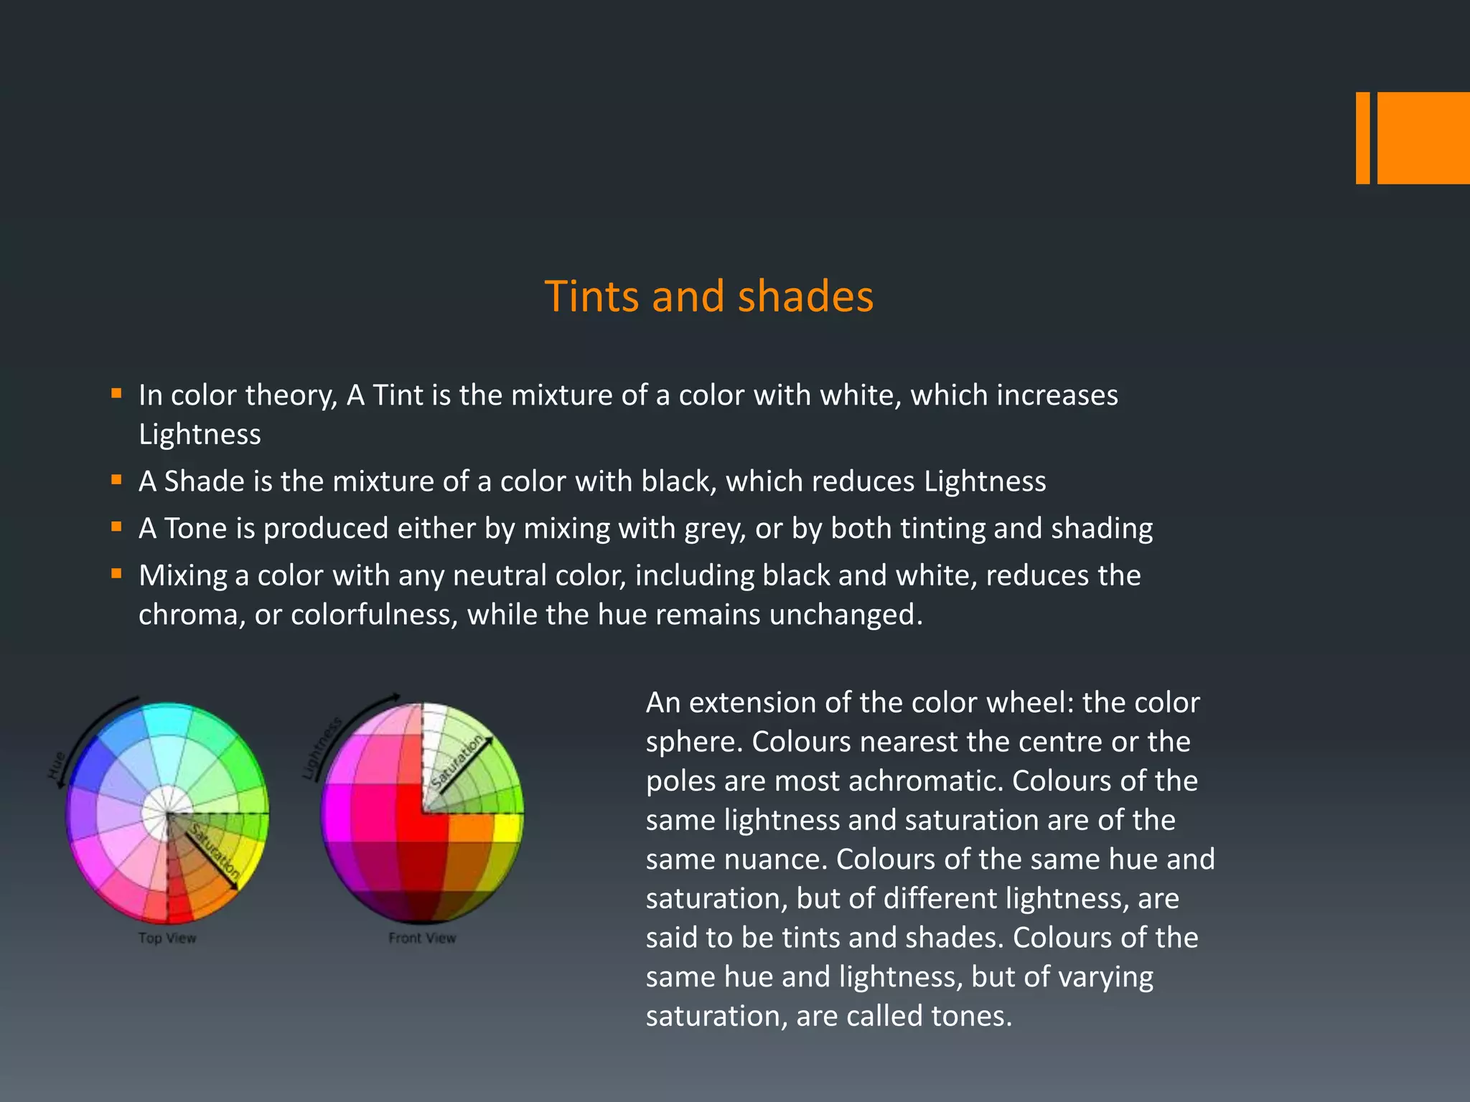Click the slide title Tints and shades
point(708,296)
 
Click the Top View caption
point(167,938)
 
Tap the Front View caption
point(422,938)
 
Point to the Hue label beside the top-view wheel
point(57,766)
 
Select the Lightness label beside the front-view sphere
point(321,748)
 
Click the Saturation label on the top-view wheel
point(215,852)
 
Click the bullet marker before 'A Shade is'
point(116,479)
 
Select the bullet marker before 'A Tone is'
point(116,527)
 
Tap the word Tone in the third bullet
point(195,529)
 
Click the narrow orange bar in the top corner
point(1362,138)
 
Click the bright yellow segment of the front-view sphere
point(508,827)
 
